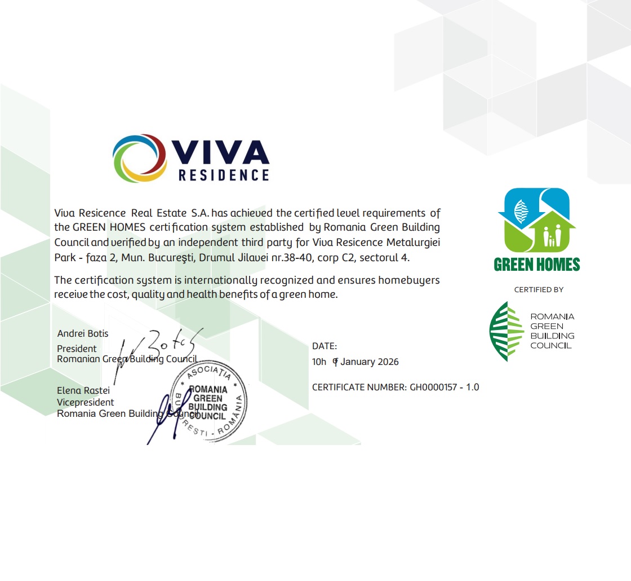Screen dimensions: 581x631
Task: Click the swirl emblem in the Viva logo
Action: pyautogui.click(x=139, y=158)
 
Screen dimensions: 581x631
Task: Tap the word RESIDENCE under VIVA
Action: pyautogui.click(x=224, y=175)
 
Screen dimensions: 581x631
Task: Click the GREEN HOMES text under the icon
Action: pyautogui.click(x=536, y=265)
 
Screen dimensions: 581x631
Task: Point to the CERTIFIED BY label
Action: pyautogui.click(x=539, y=290)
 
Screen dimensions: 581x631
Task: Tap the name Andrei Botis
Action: pyautogui.click(x=83, y=333)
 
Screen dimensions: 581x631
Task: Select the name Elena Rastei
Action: pyautogui.click(x=83, y=390)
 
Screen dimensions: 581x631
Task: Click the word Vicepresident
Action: pyautogui.click(x=86, y=402)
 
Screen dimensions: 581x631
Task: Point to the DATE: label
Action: pyautogui.click(x=325, y=346)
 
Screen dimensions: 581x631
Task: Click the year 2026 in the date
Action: pyautogui.click(x=387, y=362)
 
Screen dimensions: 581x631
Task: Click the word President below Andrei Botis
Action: pyautogui.click(x=77, y=349)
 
